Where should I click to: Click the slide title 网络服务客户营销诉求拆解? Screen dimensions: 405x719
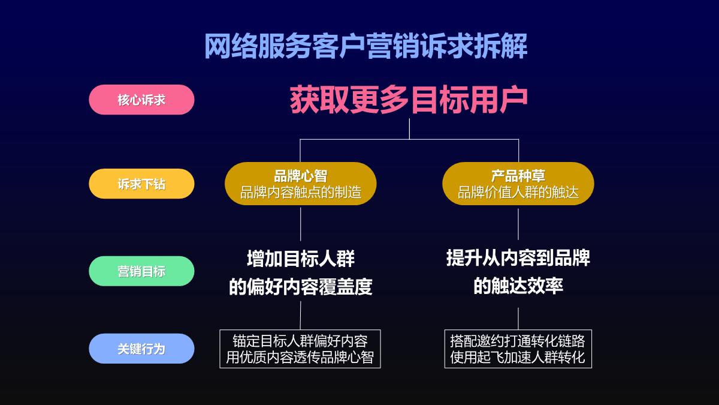[366, 46]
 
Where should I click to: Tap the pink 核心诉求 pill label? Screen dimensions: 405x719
[141, 100]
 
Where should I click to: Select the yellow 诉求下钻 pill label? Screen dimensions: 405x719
[141, 184]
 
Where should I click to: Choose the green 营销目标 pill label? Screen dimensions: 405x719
[141, 271]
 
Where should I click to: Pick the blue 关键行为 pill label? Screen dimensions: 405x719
[141, 349]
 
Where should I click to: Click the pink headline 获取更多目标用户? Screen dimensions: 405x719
[409, 100]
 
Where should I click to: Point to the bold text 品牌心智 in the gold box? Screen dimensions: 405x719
[301, 176]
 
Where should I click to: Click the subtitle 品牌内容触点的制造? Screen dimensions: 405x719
[301, 193]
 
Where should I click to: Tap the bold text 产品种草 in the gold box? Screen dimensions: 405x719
[518, 176]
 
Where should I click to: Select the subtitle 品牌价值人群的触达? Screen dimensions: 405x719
[518, 193]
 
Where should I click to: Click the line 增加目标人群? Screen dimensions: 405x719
[301, 259]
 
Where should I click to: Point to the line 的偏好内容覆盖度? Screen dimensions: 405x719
[301, 287]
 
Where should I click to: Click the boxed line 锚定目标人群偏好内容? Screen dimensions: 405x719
[300, 341]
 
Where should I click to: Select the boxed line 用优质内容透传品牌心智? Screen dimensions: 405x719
[300, 358]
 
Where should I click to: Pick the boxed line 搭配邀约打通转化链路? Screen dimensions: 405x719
[518, 341]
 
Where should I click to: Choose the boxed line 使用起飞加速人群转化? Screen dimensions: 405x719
[518, 358]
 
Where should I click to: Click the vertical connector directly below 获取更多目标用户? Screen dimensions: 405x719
[409, 128]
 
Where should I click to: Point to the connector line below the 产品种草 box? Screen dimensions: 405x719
[518, 223]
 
